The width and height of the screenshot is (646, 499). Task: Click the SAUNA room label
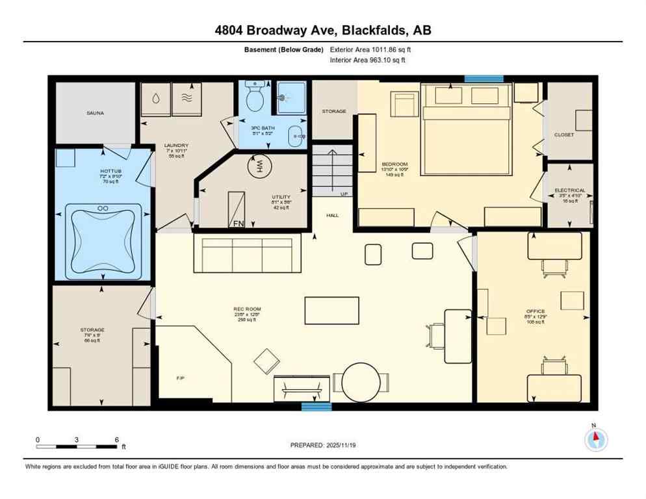point(95,113)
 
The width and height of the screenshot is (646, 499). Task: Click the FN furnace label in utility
point(239,224)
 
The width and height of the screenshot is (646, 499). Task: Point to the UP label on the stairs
point(344,194)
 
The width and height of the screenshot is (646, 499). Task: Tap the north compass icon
point(596,439)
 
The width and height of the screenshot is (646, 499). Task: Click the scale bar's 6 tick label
point(116,439)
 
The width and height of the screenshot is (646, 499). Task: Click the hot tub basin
point(103,237)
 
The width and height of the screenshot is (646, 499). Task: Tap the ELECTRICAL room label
point(570,190)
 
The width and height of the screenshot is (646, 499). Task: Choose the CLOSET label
point(563,134)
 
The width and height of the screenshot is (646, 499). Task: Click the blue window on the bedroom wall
point(484,79)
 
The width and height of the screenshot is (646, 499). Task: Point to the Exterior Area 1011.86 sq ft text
point(370,49)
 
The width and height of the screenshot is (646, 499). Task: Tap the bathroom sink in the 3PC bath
point(298,136)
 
